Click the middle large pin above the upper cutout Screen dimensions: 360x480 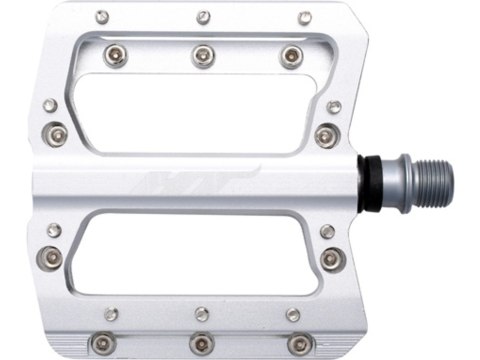coord(203,55)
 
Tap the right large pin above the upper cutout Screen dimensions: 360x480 coord(290,55)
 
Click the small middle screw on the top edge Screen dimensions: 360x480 coord(203,17)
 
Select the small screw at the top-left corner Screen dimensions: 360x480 coord(102,17)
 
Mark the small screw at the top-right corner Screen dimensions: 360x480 coord(306,17)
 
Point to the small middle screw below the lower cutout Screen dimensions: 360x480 coord(202,313)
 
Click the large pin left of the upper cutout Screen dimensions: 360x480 coord(58,133)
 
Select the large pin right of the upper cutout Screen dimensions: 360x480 coord(323,134)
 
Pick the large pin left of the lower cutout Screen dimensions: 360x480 coord(50,257)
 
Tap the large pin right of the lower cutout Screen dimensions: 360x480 coord(331,258)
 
